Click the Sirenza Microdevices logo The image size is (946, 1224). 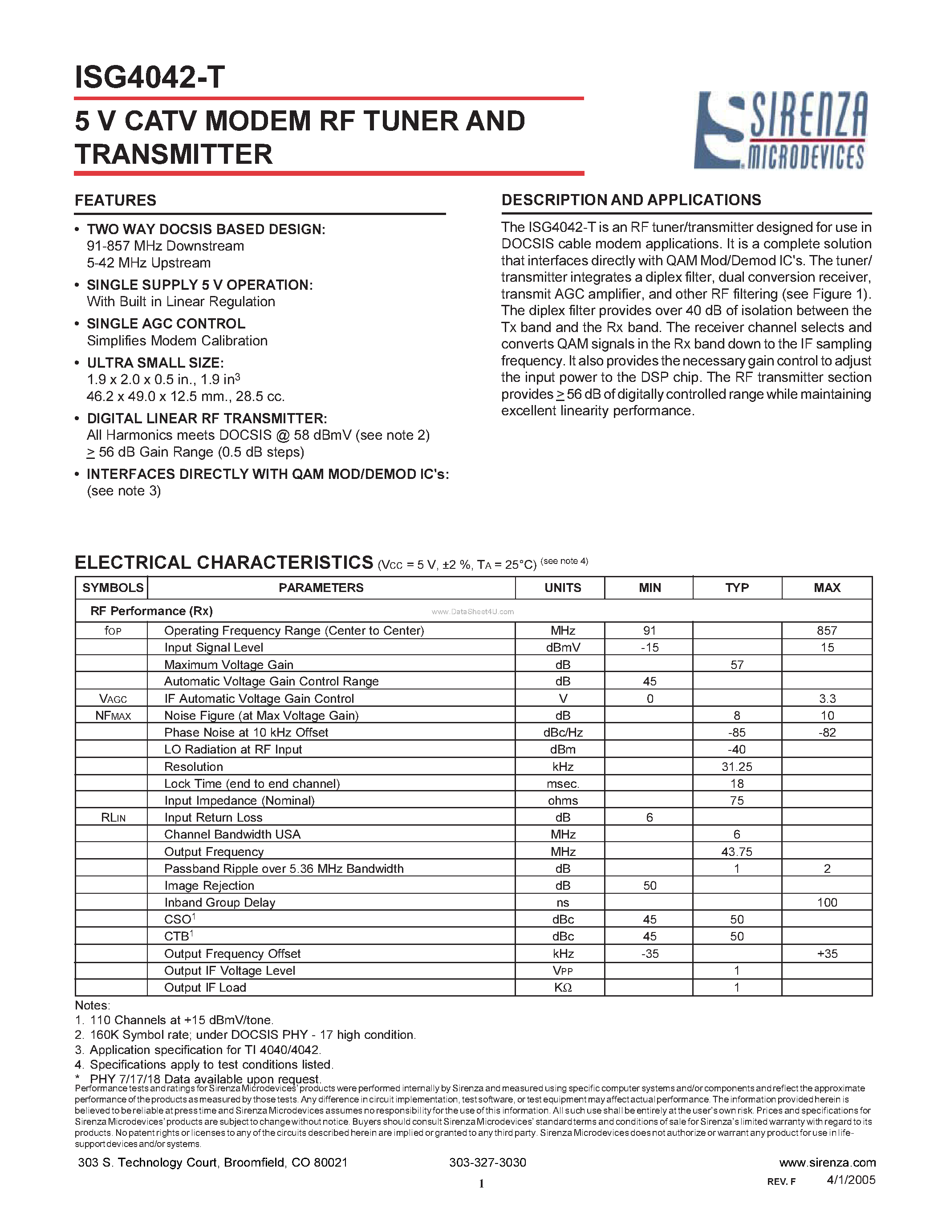pos(781,130)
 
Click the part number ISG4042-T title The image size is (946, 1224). pos(150,77)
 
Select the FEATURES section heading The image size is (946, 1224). pos(115,201)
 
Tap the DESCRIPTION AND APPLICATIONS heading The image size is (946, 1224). pos(631,200)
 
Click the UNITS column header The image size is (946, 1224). pos(562,588)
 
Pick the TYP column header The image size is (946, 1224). pos(736,588)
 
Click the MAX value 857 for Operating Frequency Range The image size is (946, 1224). pos(827,631)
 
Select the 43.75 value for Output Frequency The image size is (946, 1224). pos(736,851)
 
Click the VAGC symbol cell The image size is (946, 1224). pos(113,698)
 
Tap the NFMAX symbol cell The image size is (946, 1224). pos(113,716)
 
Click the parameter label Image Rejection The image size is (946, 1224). pos(209,885)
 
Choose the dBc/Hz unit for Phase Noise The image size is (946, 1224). pos(563,733)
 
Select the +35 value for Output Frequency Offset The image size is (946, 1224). pos(827,953)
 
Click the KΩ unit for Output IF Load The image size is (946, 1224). pos(563,988)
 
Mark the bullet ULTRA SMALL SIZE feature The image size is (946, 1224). pos(155,363)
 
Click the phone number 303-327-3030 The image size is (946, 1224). pos(487,1162)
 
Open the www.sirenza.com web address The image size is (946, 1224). pos(827,1162)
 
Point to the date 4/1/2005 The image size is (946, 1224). pos(851,1180)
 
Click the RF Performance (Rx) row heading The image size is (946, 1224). pos(151,611)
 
